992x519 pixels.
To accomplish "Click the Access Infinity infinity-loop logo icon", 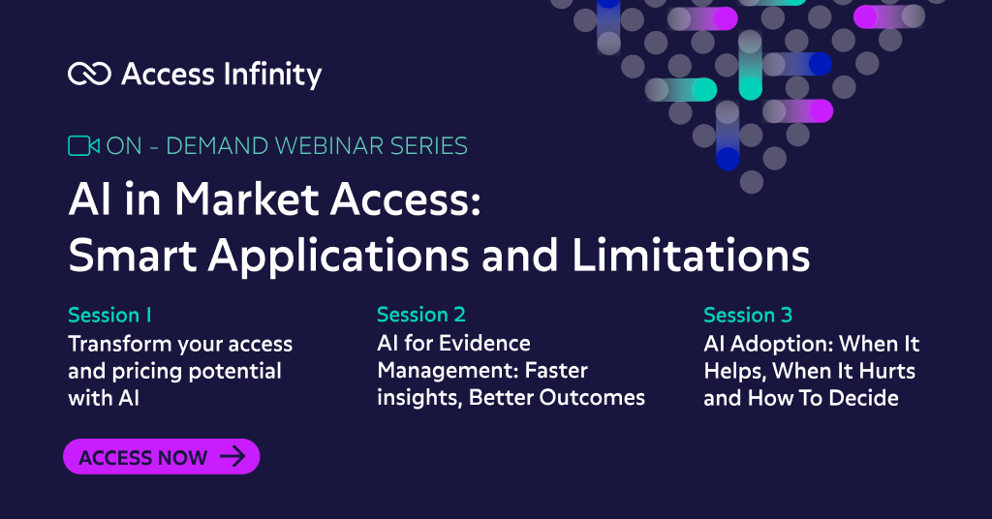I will [x=89, y=74].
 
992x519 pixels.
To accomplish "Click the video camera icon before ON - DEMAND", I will [x=83, y=146].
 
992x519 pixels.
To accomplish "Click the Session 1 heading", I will [x=109, y=315].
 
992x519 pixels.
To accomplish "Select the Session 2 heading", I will [x=421, y=315].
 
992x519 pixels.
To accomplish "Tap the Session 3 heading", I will [x=748, y=315].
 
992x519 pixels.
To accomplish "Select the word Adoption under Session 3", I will [x=785, y=344].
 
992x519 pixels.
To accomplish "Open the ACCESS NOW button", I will [x=161, y=457].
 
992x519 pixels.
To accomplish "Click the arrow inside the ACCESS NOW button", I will [x=232, y=457].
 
